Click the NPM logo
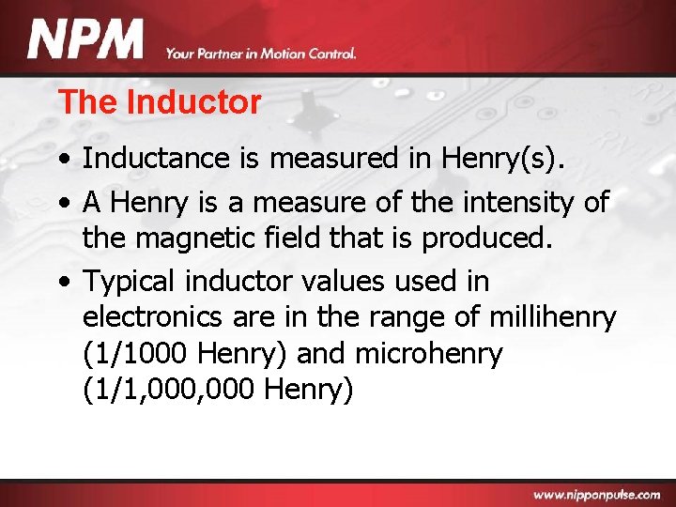(x=85, y=41)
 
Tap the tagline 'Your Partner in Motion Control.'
(x=261, y=54)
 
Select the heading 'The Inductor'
(x=159, y=102)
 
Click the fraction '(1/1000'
(x=138, y=353)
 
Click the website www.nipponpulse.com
(x=597, y=494)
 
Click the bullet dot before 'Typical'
(x=69, y=282)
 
